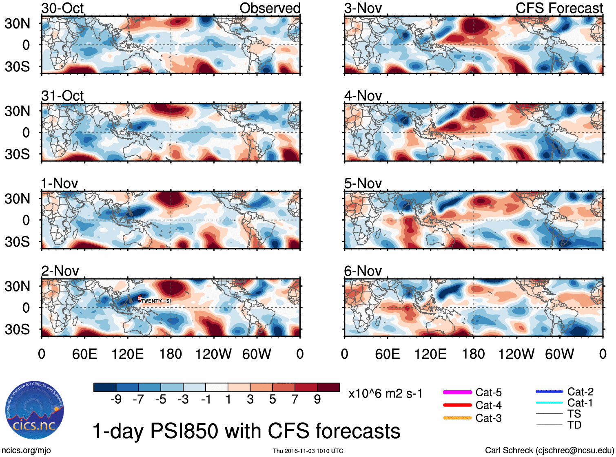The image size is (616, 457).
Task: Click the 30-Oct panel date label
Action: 62,8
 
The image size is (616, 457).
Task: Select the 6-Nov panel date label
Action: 363,271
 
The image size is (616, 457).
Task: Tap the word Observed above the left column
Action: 270,8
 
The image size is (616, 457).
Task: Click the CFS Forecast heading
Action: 559,8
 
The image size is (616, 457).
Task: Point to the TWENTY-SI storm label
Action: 156,301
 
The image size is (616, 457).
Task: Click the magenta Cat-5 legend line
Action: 457,392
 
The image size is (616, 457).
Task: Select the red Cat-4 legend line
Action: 457,405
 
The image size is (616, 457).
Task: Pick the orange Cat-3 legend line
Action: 457,418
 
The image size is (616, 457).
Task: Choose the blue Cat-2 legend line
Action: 549,392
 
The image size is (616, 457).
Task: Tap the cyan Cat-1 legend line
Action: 549,403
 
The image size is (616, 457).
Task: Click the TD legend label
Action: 574,425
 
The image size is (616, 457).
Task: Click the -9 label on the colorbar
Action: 116,399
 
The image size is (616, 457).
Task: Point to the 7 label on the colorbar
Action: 295,399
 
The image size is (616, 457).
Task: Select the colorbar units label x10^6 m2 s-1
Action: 385,394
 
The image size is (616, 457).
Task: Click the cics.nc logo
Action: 34,410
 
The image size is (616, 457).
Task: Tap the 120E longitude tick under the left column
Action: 127,354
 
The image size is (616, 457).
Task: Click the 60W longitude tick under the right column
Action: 559,354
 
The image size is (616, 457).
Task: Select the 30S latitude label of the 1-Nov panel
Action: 17,242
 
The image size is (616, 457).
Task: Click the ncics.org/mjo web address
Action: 26,450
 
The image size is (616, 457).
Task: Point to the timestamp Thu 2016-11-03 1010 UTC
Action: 308,451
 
